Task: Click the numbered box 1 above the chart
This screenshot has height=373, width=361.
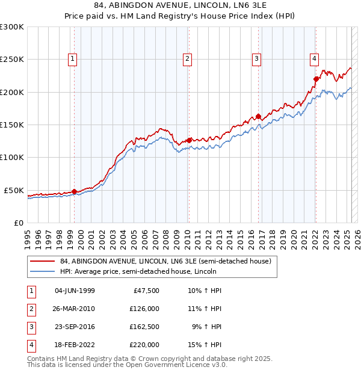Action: (x=72, y=58)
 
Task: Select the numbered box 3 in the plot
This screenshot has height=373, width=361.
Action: (x=256, y=58)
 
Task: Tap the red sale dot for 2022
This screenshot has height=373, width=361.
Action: (x=316, y=79)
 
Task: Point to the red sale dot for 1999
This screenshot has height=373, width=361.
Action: (x=75, y=191)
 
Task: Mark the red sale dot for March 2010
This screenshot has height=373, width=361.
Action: (x=189, y=140)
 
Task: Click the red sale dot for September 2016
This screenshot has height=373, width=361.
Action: (x=258, y=116)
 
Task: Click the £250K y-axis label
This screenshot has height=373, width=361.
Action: (x=12, y=60)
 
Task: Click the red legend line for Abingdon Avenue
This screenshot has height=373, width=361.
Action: (x=43, y=261)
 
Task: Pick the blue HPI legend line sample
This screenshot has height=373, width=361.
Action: (x=43, y=271)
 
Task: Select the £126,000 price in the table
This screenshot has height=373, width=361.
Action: (x=144, y=309)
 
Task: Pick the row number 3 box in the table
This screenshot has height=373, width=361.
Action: (x=30, y=327)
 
